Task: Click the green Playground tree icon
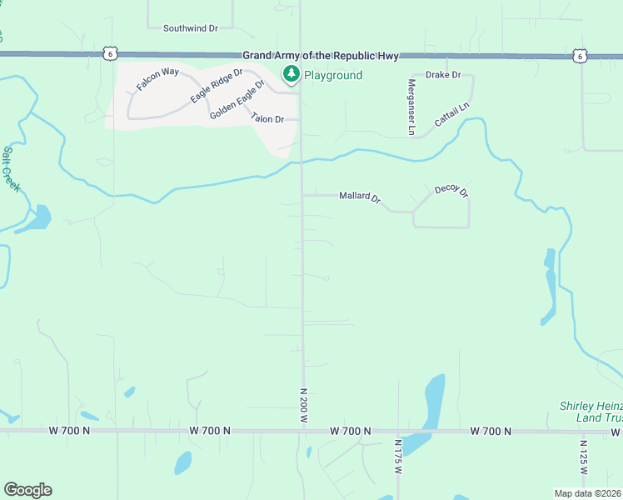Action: click(291, 75)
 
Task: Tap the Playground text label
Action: click(332, 76)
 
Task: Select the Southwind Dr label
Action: click(190, 27)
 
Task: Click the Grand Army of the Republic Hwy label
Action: click(321, 55)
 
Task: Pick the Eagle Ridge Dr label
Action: click(216, 86)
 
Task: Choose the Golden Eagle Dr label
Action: click(237, 99)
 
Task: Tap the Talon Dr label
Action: click(268, 119)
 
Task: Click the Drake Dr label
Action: click(443, 75)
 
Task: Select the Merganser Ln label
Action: click(411, 107)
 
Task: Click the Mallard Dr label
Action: click(359, 197)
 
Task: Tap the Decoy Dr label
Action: click(452, 191)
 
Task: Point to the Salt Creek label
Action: click(11, 168)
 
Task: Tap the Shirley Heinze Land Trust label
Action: click(591, 412)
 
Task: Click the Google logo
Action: click(27, 489)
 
